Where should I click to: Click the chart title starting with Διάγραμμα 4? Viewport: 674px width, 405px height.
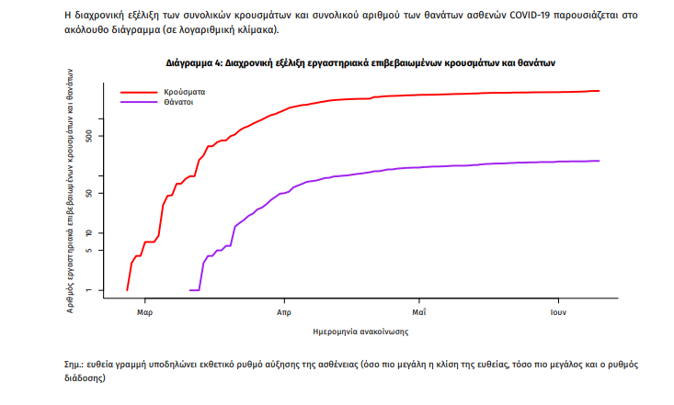(x=361, y=63)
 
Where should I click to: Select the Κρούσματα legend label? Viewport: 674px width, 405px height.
(x=184, y=93)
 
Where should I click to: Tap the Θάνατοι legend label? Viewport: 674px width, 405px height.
(x=178, y=103)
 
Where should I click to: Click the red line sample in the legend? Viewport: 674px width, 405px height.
(x=138, y=93)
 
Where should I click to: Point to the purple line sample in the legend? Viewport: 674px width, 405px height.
(x=138, y=103)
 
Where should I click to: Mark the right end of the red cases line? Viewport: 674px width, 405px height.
(x=599, y=91)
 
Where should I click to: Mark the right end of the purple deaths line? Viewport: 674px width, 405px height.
(x=599, y=161)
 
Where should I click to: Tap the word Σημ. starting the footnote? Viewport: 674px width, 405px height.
(x=63, y=365)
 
